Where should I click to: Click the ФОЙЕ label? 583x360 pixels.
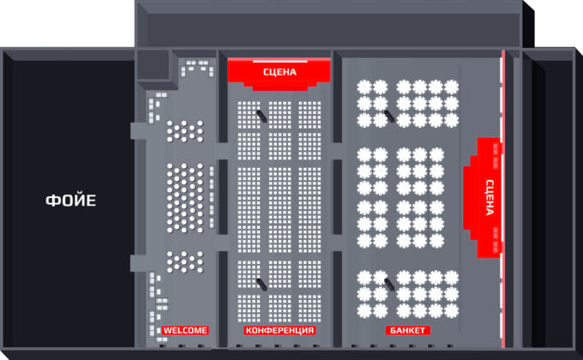70,201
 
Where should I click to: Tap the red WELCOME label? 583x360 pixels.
185,330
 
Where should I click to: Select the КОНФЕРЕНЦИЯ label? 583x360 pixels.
279,330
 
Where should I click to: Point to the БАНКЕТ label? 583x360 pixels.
407,330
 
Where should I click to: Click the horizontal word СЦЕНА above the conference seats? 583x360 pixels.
279,72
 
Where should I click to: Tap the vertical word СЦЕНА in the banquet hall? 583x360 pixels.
490,197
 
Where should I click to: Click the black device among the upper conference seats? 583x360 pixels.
261,116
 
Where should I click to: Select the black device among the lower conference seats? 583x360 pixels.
261,285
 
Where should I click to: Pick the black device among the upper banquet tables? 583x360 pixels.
389,116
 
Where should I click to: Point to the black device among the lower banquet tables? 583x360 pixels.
389,285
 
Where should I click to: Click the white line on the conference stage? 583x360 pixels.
280,62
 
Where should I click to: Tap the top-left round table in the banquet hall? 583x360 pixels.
364,87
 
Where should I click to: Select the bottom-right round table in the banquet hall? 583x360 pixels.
451,310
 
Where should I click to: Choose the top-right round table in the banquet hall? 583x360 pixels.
451,87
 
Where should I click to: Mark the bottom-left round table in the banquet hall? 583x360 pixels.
364,310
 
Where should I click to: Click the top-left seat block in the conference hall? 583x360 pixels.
249,115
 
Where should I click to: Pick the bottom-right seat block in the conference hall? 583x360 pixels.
310,309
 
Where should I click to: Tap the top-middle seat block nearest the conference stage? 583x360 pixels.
279,115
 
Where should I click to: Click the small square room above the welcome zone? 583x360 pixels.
153,64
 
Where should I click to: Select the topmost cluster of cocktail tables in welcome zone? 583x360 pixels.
185,131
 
